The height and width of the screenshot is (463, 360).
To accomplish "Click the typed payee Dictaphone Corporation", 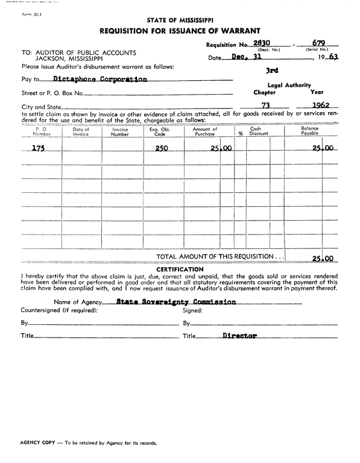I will point(100,78).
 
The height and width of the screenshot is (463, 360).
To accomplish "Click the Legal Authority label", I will point(289,85).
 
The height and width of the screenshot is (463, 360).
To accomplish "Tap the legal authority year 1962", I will point(317,106).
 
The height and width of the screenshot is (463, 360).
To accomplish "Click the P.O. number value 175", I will point(37,148).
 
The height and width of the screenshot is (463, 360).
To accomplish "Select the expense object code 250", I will point(161,148).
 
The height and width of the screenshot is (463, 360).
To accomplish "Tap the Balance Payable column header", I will point(309,131).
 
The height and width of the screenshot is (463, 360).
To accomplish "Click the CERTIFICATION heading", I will point(180,269).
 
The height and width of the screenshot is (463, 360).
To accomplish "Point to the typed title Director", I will point(239,335).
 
